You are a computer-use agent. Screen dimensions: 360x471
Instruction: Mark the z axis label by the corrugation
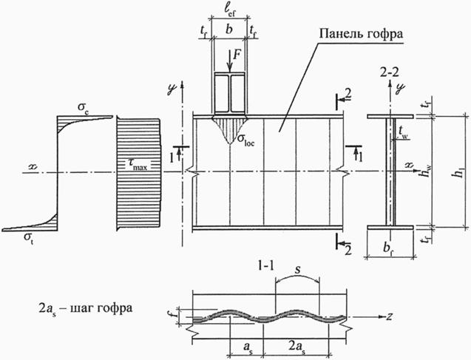pos(387,315)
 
